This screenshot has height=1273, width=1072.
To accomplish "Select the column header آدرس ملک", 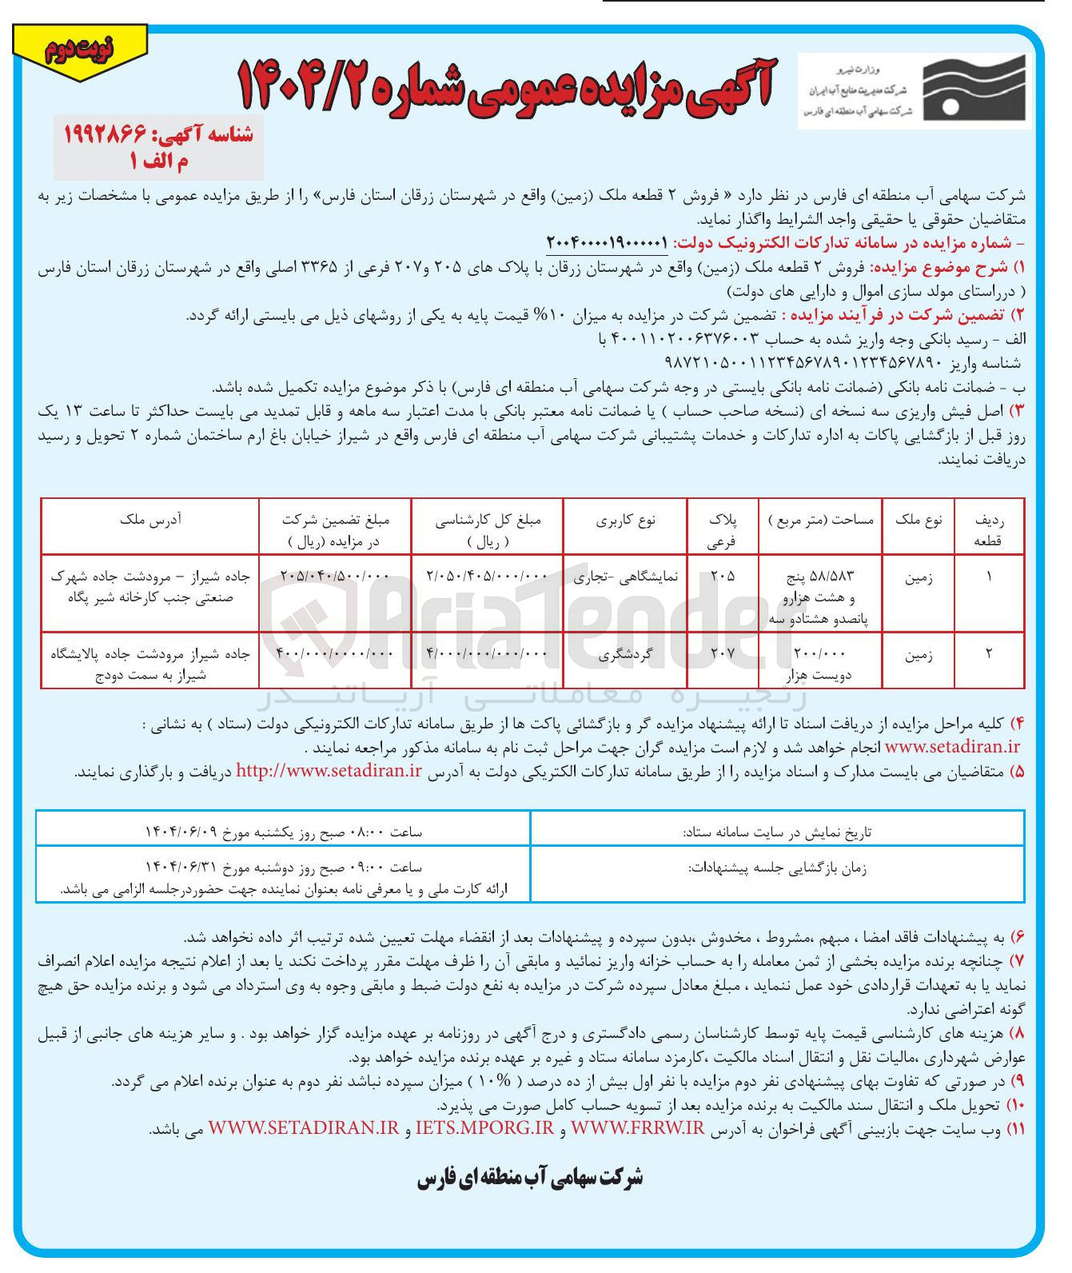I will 150,520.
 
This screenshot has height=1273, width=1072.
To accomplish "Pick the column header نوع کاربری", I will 625,520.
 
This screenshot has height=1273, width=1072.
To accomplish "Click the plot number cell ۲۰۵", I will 722,576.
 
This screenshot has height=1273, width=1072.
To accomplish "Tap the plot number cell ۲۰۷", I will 722,653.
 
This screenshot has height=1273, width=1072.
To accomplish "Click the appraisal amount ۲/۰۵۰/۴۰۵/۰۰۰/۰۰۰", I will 488,576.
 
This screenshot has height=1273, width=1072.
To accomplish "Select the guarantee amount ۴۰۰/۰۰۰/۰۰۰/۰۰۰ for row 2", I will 334,653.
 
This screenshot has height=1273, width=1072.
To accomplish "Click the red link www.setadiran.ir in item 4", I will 952,747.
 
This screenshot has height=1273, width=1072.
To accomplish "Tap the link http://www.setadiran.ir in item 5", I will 329,771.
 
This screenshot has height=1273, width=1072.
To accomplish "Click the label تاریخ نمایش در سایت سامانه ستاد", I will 776,832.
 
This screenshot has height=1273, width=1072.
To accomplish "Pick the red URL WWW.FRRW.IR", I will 637,1128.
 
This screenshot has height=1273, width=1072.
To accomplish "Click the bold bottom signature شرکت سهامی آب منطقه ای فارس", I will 529,1178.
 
